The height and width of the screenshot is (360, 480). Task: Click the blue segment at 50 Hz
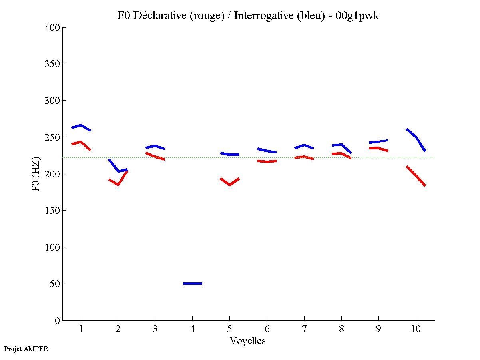[193, 283]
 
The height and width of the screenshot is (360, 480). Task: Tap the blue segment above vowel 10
[416, 137]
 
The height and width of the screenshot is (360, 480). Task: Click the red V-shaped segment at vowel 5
[229, 183]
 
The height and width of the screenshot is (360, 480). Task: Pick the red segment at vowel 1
[81, 142]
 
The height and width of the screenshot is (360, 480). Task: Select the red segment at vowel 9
[378, 148]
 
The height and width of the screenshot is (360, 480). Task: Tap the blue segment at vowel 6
[267, 151]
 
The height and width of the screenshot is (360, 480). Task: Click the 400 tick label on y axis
[52, 28]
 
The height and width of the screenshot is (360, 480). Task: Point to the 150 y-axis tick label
[52, 211]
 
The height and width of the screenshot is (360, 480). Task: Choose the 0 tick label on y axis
[57, 320]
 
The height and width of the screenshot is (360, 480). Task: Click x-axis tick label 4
[192, 329]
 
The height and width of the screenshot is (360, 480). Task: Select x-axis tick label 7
[304, 329]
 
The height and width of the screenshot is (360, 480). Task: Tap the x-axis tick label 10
[416, 329]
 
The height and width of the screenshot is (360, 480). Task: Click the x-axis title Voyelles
[248, 341]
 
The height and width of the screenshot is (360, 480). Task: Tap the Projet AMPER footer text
[26, 349]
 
